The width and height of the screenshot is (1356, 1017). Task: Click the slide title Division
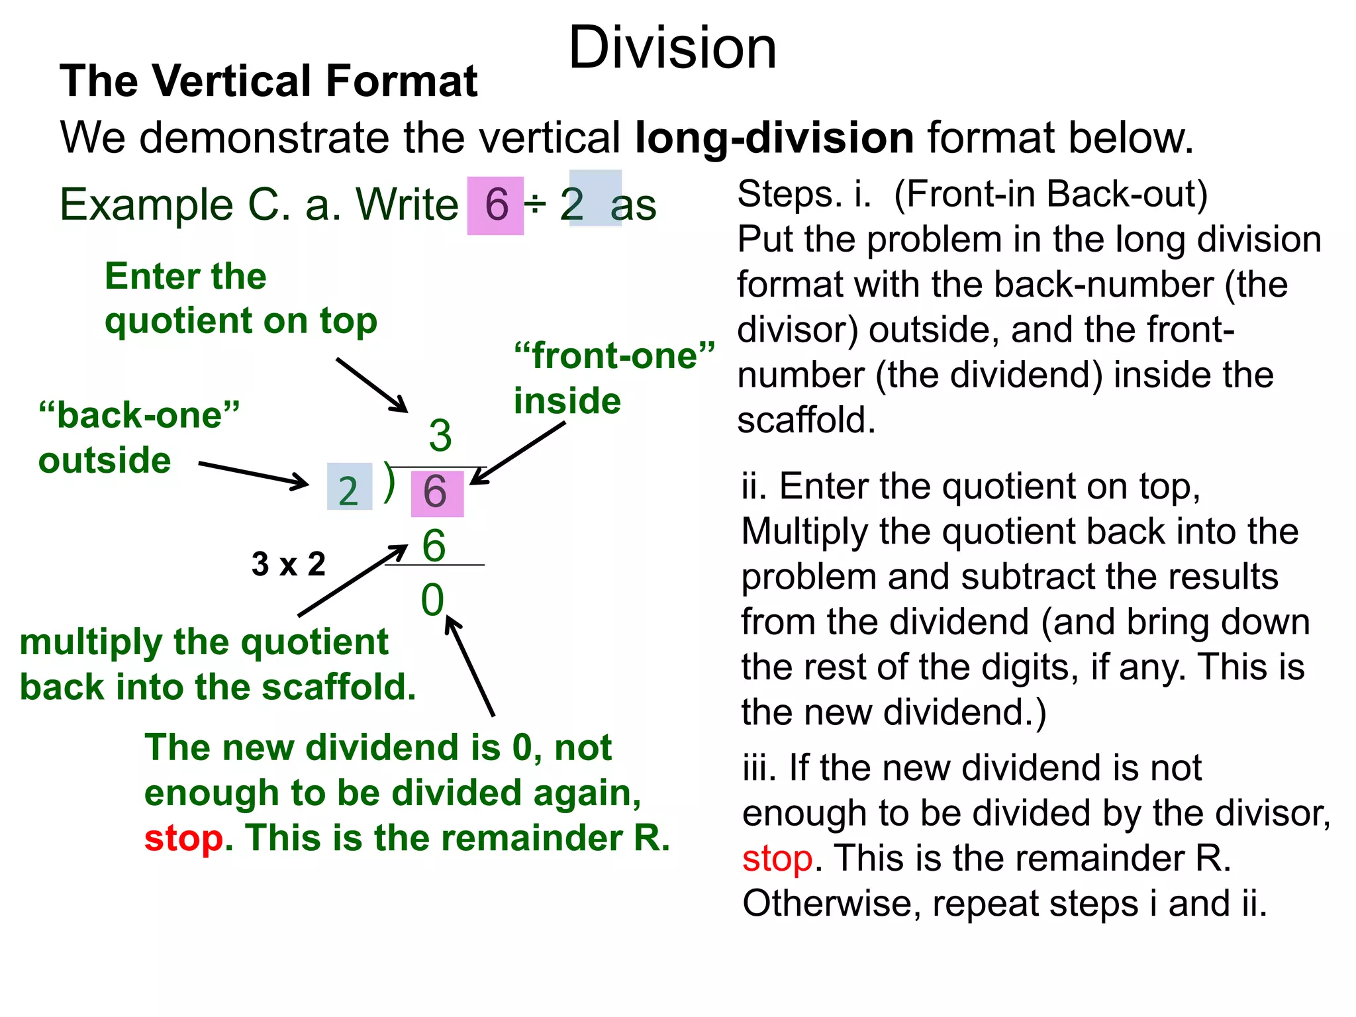coord(672,48)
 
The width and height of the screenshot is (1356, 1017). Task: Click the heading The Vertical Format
coord(268,81)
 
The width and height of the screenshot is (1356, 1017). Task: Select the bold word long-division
coord(774,138)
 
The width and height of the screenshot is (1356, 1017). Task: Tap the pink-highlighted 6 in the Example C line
coord(496,205)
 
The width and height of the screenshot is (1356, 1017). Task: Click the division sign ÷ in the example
coord(535,205)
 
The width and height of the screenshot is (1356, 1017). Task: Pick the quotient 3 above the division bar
coord(440,436)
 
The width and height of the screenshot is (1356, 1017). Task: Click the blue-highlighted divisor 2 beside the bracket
coord(349,489)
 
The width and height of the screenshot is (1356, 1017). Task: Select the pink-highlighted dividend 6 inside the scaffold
coord(436,492)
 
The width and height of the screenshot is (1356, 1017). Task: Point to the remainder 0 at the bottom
coord(432,600)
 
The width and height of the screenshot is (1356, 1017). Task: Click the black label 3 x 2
coord(289,564)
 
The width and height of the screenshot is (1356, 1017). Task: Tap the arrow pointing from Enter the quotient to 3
coord(372,385)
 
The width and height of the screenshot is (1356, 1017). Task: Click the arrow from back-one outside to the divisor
coord(254,473)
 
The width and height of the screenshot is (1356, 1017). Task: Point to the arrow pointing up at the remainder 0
coord(470,665)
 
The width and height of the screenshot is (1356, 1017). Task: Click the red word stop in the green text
coord(184,839)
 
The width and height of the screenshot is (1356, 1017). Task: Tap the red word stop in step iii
coord(777,859)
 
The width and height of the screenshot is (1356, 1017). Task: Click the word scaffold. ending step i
coord(806,420)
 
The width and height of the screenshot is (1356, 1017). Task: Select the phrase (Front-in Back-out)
coord(1051,195)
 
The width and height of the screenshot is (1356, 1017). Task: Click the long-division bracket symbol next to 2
coord(390,482)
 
